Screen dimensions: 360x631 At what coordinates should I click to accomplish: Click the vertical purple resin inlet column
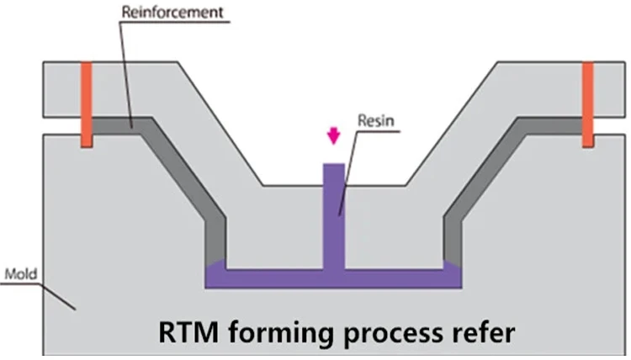pos(334,219)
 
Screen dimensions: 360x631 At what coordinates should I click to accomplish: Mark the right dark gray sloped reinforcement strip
pos(496,168)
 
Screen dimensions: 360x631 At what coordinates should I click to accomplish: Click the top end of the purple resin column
pos(334,167)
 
